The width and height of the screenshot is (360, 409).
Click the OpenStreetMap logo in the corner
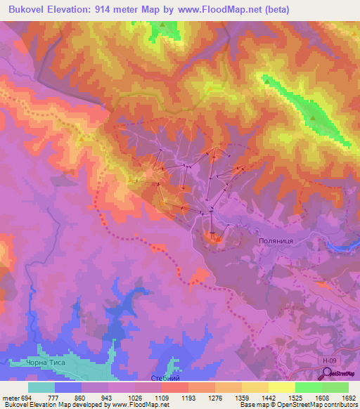(x=340, y=375)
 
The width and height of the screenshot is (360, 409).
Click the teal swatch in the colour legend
(x=41, y=387)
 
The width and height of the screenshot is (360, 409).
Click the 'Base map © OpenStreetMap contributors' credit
(x=297, y=405)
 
